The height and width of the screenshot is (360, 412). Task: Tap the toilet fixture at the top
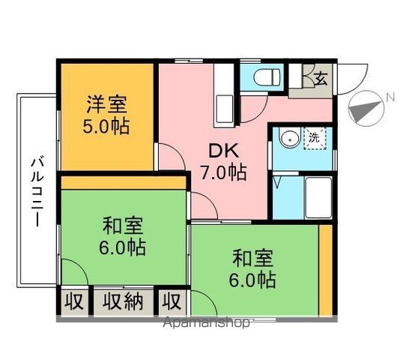click(x=265, y=77)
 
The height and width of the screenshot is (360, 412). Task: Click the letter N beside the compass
click(x=390, y=97)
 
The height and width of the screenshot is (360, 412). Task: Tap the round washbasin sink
click(x=285, y=139)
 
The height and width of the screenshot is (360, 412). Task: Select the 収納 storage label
click(x=123, y=302)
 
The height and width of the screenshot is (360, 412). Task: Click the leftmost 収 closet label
click(x=73, y=302)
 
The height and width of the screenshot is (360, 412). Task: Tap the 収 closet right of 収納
click(x=172, y=302)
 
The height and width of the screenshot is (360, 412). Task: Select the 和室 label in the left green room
click(x=124, y=225)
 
